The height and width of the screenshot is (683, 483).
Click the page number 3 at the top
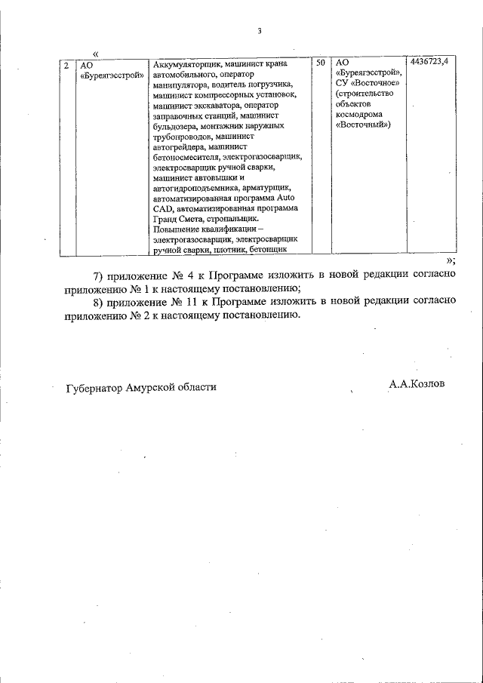(x=259, y=31)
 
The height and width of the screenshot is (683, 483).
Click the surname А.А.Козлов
(x=417, y=383)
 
